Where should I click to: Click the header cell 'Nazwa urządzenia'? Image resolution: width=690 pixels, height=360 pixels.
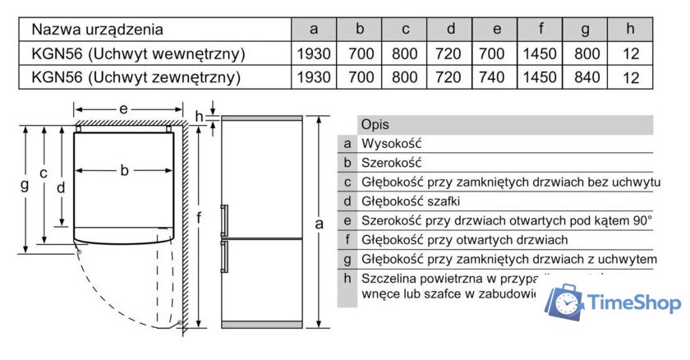tap(97, 30)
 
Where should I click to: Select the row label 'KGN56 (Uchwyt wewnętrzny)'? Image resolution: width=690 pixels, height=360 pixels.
tap(138, 54)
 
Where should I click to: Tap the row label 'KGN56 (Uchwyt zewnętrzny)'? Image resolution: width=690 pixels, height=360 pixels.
tap(136, 78)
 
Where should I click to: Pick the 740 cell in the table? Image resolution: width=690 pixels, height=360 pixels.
tap(497, 78)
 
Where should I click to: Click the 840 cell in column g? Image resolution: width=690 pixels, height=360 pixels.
tap(586, 78)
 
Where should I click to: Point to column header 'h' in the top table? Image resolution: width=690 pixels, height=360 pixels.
tap(630, 30)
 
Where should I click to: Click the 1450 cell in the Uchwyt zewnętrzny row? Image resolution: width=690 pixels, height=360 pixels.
tap(540, 78)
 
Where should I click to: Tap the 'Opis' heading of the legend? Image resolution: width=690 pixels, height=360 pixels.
tap(375, 125)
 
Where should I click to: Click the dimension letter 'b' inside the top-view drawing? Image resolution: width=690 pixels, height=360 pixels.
tap(125, 171)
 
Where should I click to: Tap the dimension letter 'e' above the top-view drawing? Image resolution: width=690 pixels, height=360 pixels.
tap(124, 108)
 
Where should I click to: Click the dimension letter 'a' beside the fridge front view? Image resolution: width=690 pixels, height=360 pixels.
tap(320, 224)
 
